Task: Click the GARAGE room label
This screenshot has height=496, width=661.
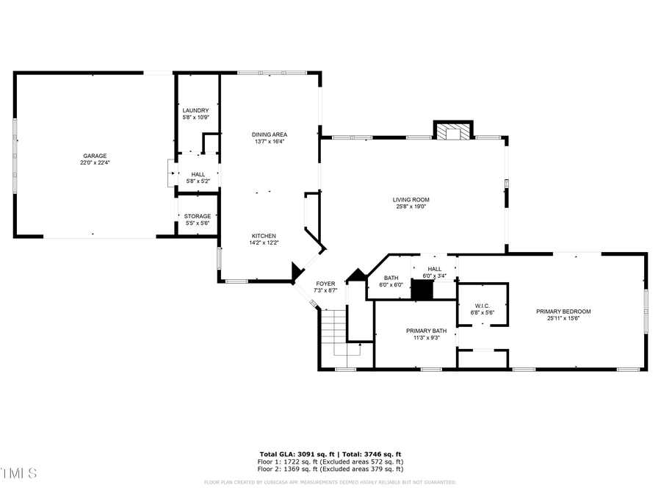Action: (95, 156)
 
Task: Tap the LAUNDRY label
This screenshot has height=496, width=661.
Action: (195, 110)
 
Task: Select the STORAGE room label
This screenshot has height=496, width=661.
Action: (197, 216)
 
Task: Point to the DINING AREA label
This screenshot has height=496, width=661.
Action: (269, 134)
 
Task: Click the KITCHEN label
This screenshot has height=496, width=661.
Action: (264, 236)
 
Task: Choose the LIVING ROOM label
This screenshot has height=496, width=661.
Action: (411, 199)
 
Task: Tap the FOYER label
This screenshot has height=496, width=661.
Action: (325, 284)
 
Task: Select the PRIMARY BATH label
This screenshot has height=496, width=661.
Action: (426, 331)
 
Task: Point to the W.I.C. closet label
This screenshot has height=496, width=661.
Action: (482, 306)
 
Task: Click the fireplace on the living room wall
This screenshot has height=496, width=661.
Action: (450, 131)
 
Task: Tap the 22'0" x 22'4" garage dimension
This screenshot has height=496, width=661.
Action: (95, 163)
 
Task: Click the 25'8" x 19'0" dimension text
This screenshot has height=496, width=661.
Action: (411, 206)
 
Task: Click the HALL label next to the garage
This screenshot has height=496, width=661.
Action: (198, 174)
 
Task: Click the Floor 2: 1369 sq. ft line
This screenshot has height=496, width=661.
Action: (330, 468)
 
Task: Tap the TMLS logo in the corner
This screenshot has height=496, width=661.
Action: (18, 472)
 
